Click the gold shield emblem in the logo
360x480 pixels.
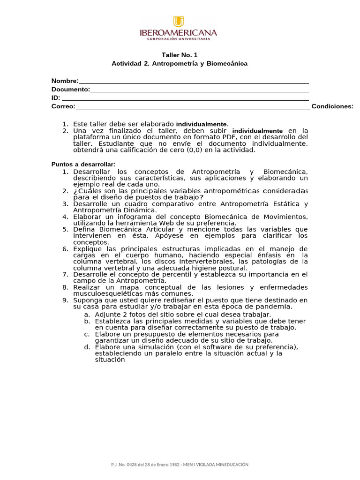click(179, 22)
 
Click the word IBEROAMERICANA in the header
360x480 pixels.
click(179, 33)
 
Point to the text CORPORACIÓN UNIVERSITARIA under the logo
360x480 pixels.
click(179, 39)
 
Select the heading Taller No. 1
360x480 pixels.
click(176, 55)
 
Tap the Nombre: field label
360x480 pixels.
click(65, 81)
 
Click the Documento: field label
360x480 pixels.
click(71, 90)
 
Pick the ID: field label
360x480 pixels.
click(56, 98)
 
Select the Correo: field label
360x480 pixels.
click(63, 106)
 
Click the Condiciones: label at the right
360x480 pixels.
click(332, 106)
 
